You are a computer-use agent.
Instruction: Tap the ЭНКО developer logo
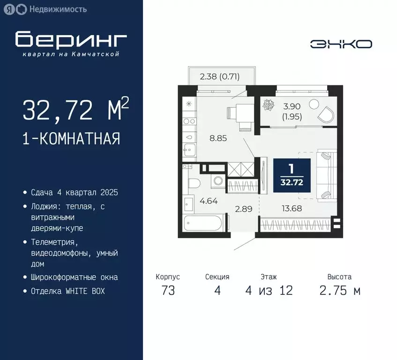pos(341,44)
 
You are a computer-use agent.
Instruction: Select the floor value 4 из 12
pos(269,291)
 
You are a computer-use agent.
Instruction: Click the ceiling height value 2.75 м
pos(340,291)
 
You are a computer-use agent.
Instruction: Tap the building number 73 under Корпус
pos(168,291)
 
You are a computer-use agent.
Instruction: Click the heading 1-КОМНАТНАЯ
pos(71,139)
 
